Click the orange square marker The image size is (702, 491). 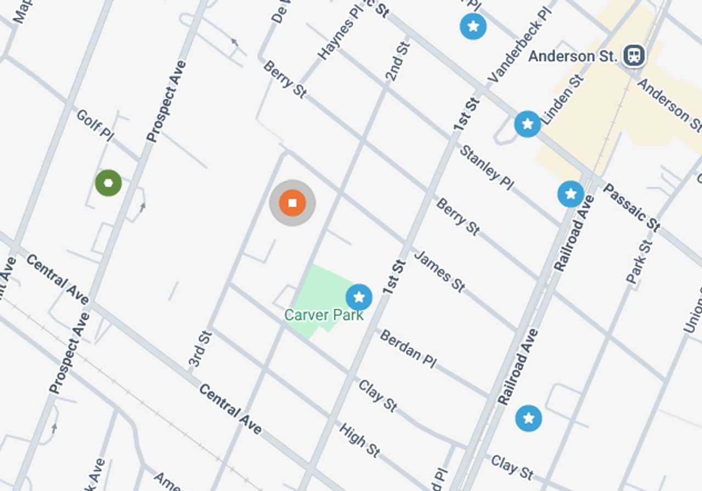[292, 203]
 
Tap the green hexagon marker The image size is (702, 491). [108, 183]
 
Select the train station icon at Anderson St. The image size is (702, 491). [634, 55]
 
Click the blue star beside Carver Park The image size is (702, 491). [359, 298]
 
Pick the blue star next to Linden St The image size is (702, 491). [528, 124]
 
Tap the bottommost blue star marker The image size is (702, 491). [529, 419]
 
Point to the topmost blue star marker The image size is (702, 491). [473, 26]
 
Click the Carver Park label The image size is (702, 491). [324, 315]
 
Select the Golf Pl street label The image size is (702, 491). [95, 125]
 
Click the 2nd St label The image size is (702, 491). [398, 60]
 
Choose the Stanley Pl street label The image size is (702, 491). [486, 167]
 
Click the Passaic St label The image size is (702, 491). [631, 207]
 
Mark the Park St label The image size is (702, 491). [639, 261]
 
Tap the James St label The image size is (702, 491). [439, 271]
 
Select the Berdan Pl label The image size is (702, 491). [408, 348]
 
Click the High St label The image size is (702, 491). [359, 439]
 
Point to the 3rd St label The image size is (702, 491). [200, 348]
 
